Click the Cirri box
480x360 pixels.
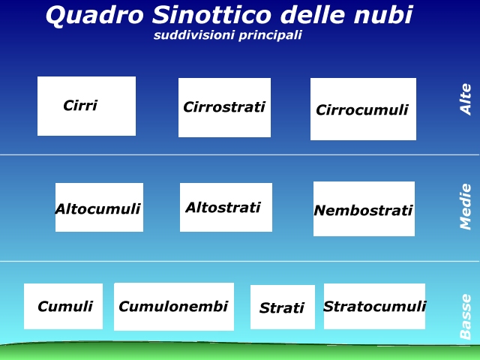(87, 106)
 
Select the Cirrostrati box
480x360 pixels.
(225, 107)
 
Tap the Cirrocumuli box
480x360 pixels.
(363, 109)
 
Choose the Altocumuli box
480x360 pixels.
(99, 207)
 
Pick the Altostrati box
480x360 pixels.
(226, 207)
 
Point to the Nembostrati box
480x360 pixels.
(364, 208)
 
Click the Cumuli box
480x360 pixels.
(63, 306)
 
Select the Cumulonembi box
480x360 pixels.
(174, 307)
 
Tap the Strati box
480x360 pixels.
(283, 307)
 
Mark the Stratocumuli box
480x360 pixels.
(374, 306)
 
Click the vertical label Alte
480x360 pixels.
(466, 99)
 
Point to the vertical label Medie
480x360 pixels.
(466, 207)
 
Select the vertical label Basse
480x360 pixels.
(466, 316)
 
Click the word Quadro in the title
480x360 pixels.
(94, 15)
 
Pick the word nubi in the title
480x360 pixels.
(383, 15)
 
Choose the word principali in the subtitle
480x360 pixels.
(270, 35)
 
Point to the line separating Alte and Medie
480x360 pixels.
(240, 155)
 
